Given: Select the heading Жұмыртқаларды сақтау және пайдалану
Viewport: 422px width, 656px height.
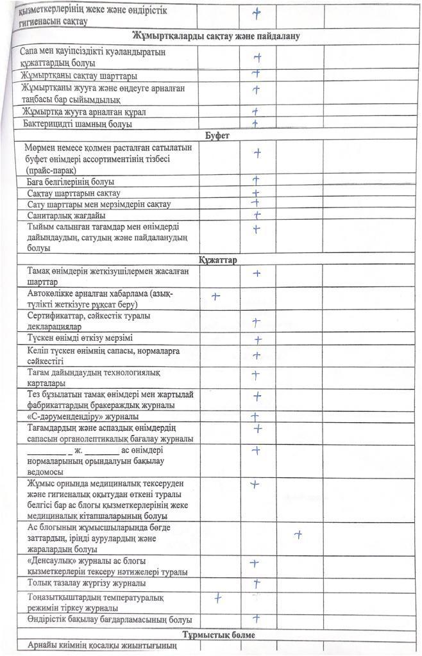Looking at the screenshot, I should point(216,36).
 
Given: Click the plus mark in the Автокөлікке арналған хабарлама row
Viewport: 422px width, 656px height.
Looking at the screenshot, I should point(216,296).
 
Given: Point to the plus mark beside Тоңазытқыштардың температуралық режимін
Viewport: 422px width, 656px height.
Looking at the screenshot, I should point(218,598).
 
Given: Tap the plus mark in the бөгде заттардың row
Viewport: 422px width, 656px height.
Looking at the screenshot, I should point(297,534).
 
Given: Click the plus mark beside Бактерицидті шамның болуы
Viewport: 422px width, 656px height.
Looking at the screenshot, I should point(255,123).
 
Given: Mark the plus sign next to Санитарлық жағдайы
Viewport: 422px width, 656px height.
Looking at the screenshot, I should point(256,215).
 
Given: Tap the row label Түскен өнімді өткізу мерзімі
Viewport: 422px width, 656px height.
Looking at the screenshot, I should point(80,338).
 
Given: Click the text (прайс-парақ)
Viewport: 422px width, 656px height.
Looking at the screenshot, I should point(52,170).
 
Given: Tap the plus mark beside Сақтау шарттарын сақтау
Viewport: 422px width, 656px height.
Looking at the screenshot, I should point(255,193).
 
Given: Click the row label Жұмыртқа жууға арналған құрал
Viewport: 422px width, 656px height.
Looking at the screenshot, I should point(84,112).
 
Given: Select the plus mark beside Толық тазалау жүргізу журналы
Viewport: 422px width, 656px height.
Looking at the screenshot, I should point(257,583).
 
